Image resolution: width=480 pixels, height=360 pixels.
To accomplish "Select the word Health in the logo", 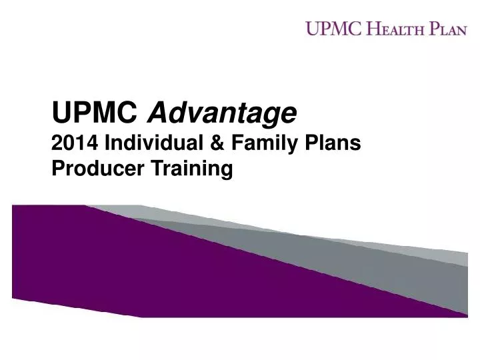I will [x=395, y=29].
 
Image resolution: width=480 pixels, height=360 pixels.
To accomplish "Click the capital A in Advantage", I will [x=156, y=114].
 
